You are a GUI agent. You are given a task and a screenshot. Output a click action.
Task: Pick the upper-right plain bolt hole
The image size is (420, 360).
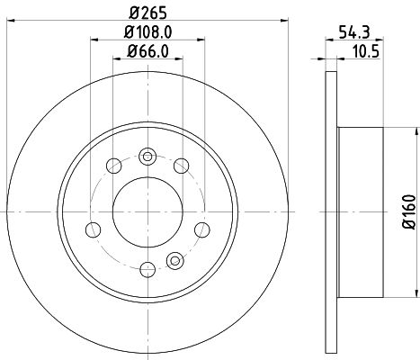click(181, 165)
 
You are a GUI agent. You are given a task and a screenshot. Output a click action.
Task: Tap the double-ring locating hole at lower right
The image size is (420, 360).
click(176, 261)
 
